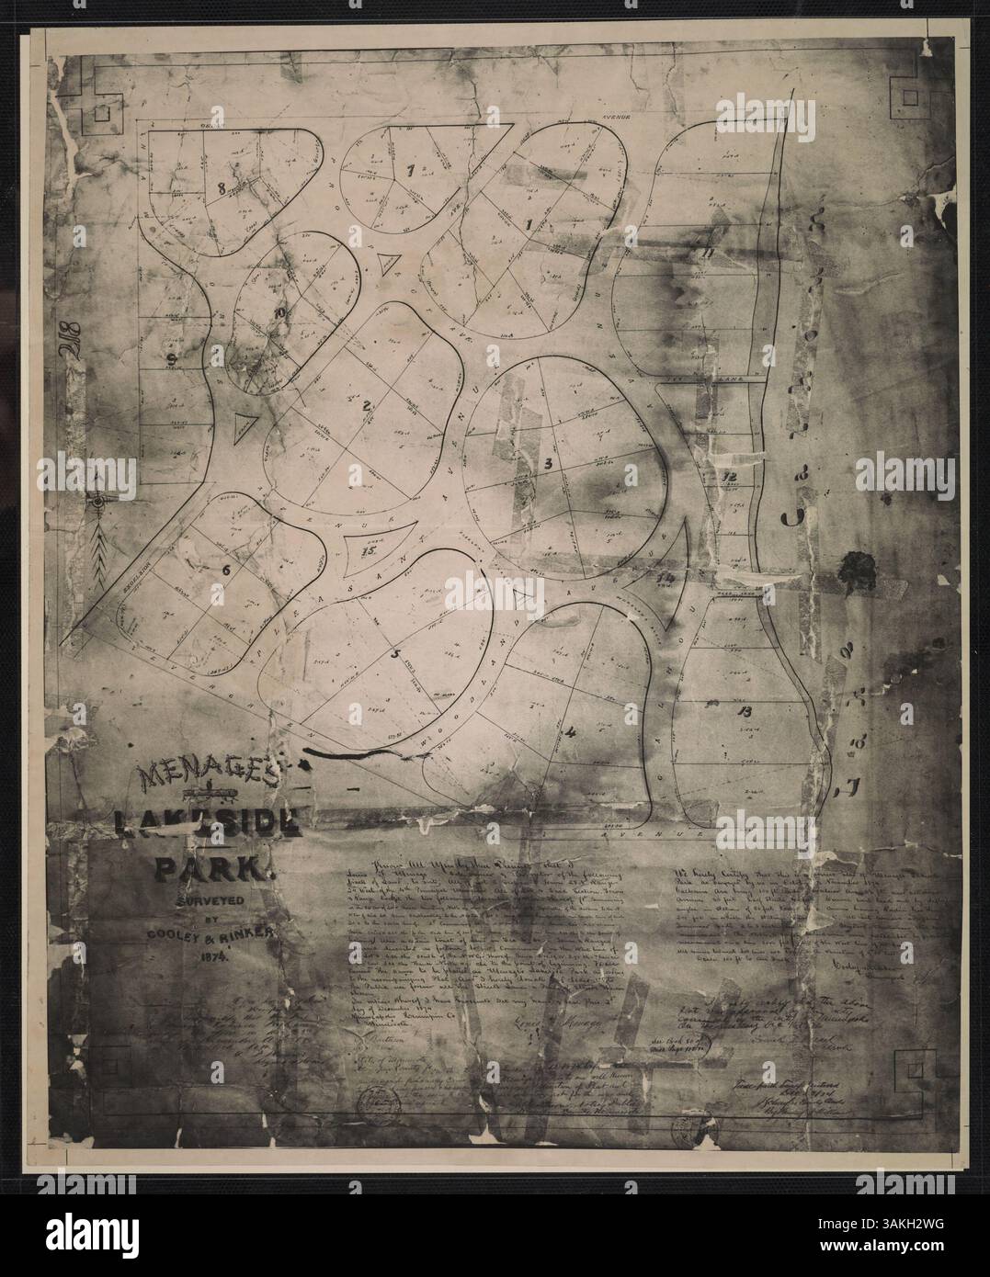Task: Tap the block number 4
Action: point(572,732)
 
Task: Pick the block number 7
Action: point(411,170)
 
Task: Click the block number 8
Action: point(222,186)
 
